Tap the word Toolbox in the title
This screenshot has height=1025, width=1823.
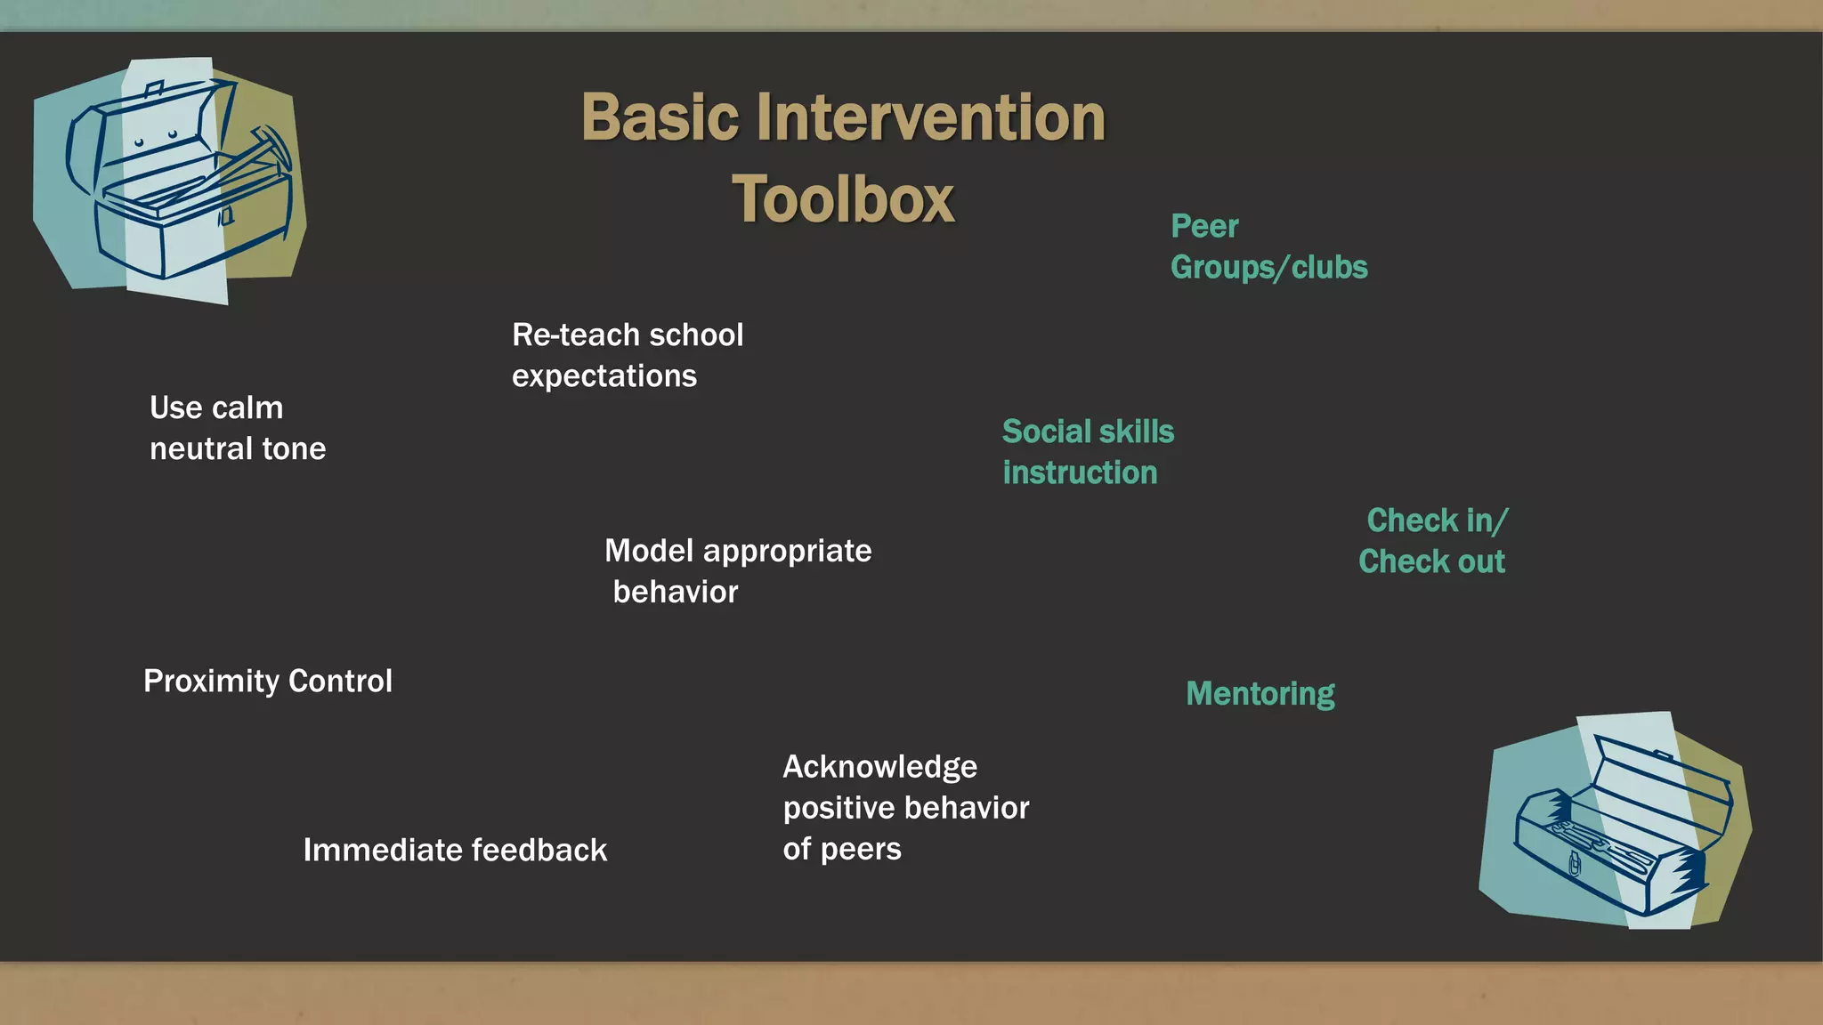click(843, 199)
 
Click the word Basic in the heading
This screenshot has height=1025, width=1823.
click(660, 117)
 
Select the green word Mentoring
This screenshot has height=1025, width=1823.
click(1260, 693)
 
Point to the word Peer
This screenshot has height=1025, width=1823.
click(1203, 226)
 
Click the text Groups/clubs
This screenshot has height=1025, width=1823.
click(1268, 267)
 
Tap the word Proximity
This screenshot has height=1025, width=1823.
click(211, 682)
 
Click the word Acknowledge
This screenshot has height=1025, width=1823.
click(879, 767)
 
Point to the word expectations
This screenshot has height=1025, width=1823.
click(604, 376)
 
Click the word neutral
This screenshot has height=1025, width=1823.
click(200, 448)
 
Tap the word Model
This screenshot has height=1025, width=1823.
click(648, 551)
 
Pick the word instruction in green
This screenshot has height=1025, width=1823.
click(1079, 472)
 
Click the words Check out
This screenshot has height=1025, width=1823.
click(1430, 562)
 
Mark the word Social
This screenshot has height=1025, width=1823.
click(1047, 432)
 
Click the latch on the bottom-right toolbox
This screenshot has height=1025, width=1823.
click(1574, 863)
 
